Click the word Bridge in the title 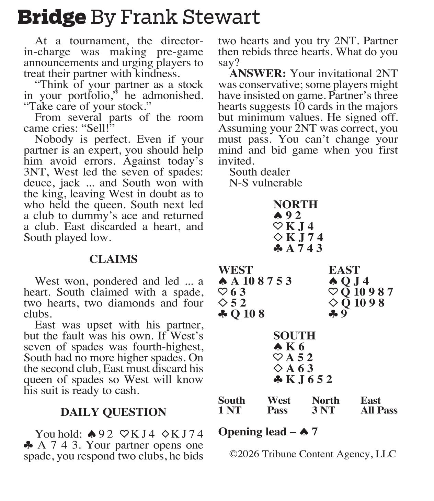pos(52,17)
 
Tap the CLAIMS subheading pos(113,259)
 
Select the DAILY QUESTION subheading pos(113,412)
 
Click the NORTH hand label pos(295,204)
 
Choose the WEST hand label pos(235,270)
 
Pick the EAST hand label pos(344,270)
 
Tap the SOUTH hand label pos(294,336)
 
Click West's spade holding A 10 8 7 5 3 pos(261,281)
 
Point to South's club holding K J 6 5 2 pos(309,379)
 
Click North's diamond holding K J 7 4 pos(304,237)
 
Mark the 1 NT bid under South pos(230,410)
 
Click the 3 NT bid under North pos(323,410)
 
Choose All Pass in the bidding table pos(379,410)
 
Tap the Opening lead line pos(268,432)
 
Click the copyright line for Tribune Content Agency pos(312,454)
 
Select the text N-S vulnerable pos(265,183)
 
